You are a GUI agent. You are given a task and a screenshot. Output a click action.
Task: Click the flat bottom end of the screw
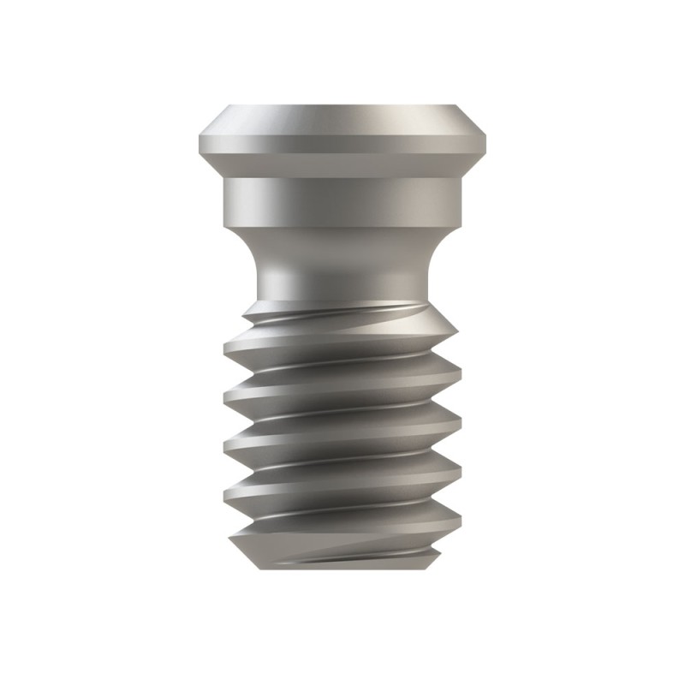coord(342,567)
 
